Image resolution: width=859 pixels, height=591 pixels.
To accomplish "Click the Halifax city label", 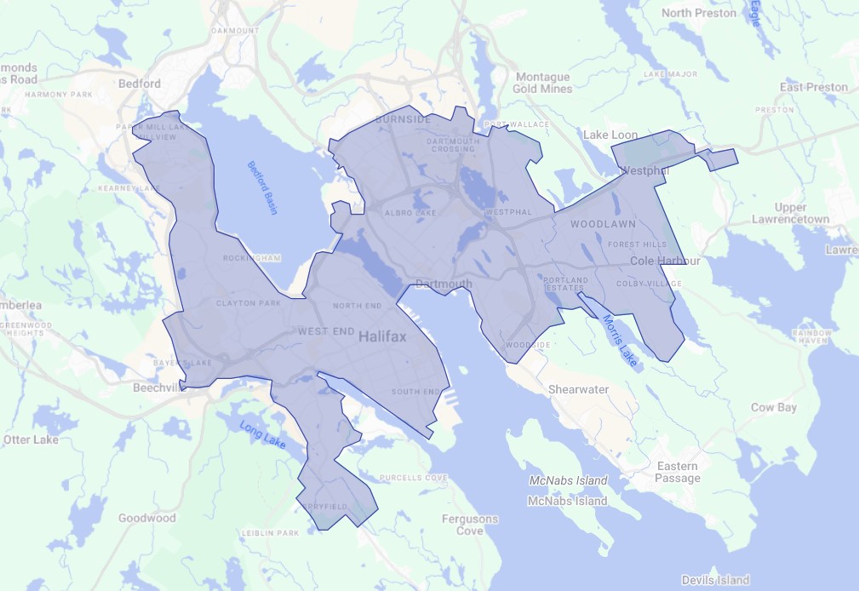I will [x=382, y=336].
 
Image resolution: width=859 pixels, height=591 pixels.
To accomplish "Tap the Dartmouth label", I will [x=444, y=284].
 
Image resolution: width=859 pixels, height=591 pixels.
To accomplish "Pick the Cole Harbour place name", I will [x=665, y=261].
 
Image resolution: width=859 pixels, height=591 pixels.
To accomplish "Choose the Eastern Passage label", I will [x=677, y=472].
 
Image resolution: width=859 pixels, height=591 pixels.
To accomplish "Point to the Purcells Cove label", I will [x=414, y=478].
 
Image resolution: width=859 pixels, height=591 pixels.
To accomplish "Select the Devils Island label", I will [x=715, y=580].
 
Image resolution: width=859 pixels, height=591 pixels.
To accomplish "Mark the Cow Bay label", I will [x=773, y=407].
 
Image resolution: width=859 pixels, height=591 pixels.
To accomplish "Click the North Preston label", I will [x=700, y=13].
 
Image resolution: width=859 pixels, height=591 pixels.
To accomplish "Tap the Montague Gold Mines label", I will [x=542, y=83].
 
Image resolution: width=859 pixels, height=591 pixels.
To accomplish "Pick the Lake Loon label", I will [x=610, y=135].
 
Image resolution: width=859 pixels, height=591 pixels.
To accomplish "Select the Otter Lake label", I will [x=31, y=439].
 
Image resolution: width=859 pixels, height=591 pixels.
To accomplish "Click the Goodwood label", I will [x=146, y=518].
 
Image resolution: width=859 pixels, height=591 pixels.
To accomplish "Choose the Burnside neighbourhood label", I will [x=403, y=120].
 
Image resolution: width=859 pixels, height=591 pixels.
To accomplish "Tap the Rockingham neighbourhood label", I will [x=251, y=258].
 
